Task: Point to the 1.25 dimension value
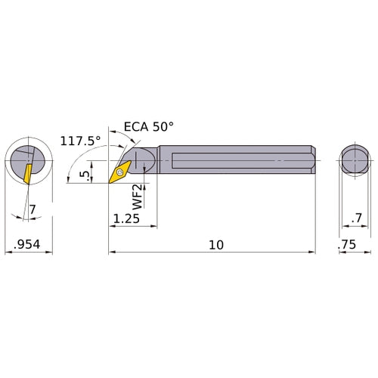point(125,218)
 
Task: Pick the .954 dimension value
point(27,245)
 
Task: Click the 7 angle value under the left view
point(33,208)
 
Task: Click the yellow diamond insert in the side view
point(119,172)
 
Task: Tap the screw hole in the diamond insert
point(119,172)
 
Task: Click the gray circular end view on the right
point(354,160)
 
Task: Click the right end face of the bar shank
point(313,160)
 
